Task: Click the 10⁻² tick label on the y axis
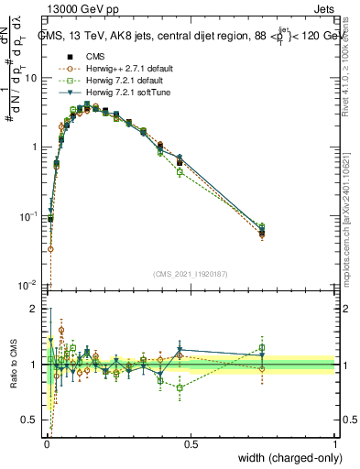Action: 29,285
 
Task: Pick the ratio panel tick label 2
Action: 35,309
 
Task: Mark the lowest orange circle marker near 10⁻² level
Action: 50,248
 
